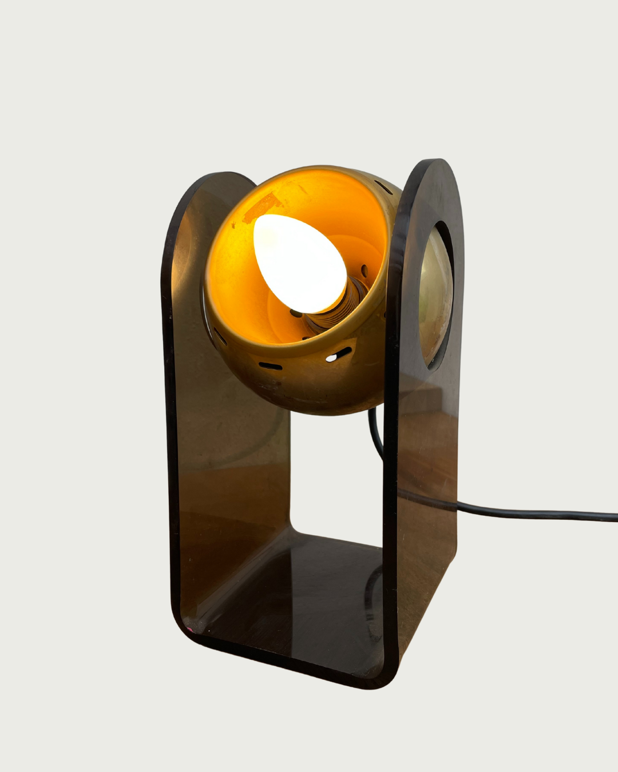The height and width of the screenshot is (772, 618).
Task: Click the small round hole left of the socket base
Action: coord(293,312)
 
